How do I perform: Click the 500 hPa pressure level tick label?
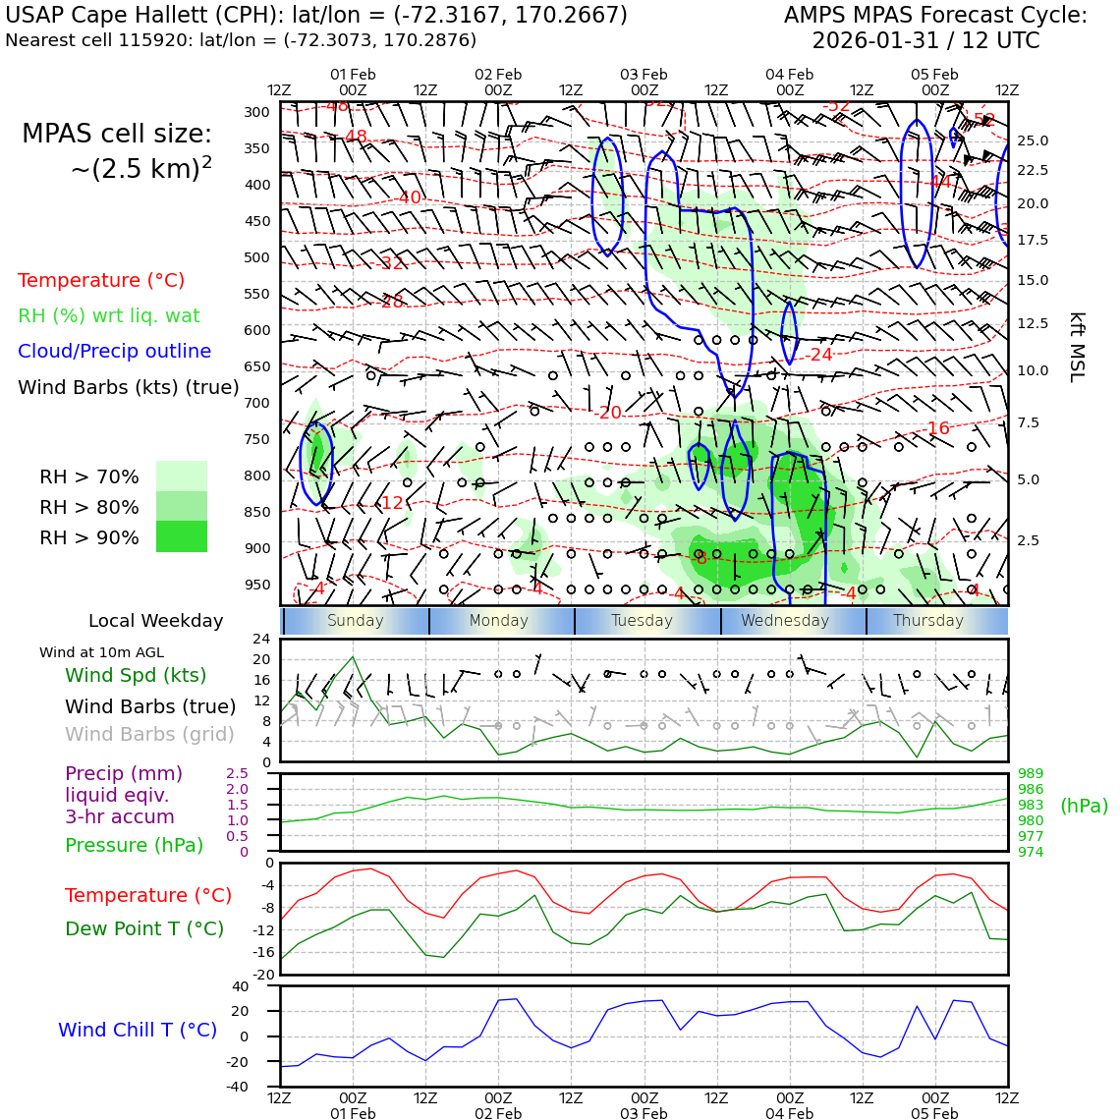click(256, 257)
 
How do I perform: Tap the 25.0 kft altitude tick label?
click(1032, 140)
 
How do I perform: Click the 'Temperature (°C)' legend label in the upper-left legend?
click(101, 280)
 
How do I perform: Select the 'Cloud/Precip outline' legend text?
click(114, 351)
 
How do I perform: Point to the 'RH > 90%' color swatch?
click(182, 536)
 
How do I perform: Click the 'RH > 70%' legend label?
click(89, 476)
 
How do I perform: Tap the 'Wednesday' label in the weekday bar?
click(785, 621)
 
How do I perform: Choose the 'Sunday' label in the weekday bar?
click(355, 621)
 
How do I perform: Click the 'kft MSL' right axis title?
click(1077, 347)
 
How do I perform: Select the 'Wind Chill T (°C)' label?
click(138, 1030)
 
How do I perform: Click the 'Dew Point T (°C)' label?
click(144, 928)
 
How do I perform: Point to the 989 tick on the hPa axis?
click(1031, 774)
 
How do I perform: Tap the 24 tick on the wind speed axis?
click(261, 639)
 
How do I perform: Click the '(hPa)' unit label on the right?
click(1084, 806)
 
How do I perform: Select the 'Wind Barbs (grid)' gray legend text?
click(150, 734)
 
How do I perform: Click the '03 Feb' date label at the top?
click(644, 75)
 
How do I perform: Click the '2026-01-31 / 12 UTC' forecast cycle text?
click(924, 41)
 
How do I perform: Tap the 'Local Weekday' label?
click(155, 621)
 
